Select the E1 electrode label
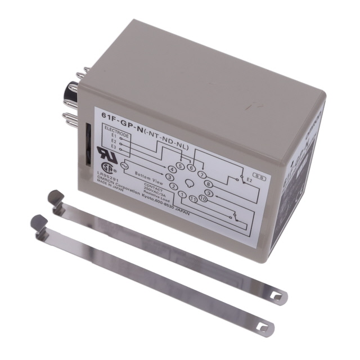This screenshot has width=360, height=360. pyautogui.click(x=114, y=135)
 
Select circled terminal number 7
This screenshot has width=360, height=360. pyautogui.click(x=202, y=174)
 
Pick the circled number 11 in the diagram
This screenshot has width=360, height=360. pyautogui.click(x=193, y=200)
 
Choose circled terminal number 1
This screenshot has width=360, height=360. pyautogui.click(x=182, y=195)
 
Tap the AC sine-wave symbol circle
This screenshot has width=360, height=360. pyautogui.click(x=125, y=165)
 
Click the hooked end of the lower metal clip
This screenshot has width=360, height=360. pyautogui.click(x=38, y=220)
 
